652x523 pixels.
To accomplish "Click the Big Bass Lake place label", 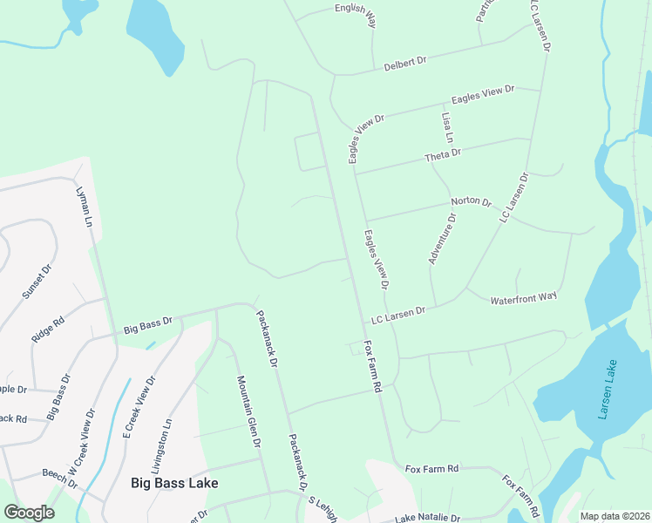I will point(174,482).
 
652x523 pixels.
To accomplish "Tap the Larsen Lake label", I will point(608,390).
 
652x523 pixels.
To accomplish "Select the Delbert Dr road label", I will point(405,64).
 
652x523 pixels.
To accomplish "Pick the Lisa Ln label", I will point(448,127).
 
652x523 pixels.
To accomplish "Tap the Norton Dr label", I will point(472,202).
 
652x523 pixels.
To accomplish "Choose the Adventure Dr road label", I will point(442,238).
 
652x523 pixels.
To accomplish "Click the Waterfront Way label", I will point(523,297).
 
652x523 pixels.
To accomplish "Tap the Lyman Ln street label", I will point(85,207).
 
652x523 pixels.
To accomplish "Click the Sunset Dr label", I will point(37,282).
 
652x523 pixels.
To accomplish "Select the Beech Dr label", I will point(59,479).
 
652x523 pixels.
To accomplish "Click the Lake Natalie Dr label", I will point(427,518).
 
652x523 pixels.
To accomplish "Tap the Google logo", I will point(29,512).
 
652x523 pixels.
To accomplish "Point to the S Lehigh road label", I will point(323,509).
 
